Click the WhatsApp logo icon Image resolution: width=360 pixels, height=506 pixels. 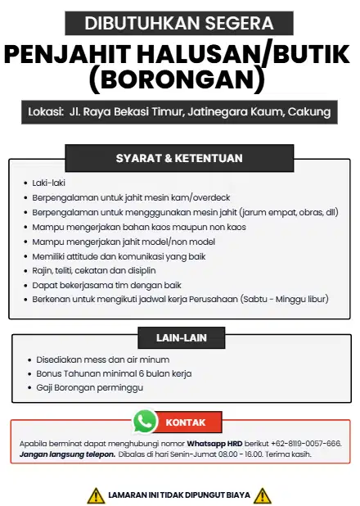point(145,421)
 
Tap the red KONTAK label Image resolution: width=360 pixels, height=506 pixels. point(186,422)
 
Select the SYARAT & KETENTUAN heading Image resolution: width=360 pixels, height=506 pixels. point(179,158)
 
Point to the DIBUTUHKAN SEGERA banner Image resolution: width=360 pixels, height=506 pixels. point(179,23)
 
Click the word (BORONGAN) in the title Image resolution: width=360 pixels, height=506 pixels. point(179,79)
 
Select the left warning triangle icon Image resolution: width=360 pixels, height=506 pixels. point(96,495)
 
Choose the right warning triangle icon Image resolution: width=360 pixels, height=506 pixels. point(263,495)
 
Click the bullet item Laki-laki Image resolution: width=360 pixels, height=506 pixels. point(48,183)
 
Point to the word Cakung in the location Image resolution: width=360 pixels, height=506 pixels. point(312,111)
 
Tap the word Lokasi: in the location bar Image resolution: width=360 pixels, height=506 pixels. point(45,111)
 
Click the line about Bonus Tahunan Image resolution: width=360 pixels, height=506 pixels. point(114,373)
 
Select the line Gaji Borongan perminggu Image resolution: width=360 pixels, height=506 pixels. point(90,387)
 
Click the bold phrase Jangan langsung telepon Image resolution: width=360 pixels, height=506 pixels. point(67,454)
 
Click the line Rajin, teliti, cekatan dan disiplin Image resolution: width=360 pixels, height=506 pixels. point(94,270)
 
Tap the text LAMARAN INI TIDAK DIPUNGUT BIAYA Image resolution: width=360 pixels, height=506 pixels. point(179,495)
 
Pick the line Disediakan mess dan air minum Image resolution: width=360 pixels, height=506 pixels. point(103,359)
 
